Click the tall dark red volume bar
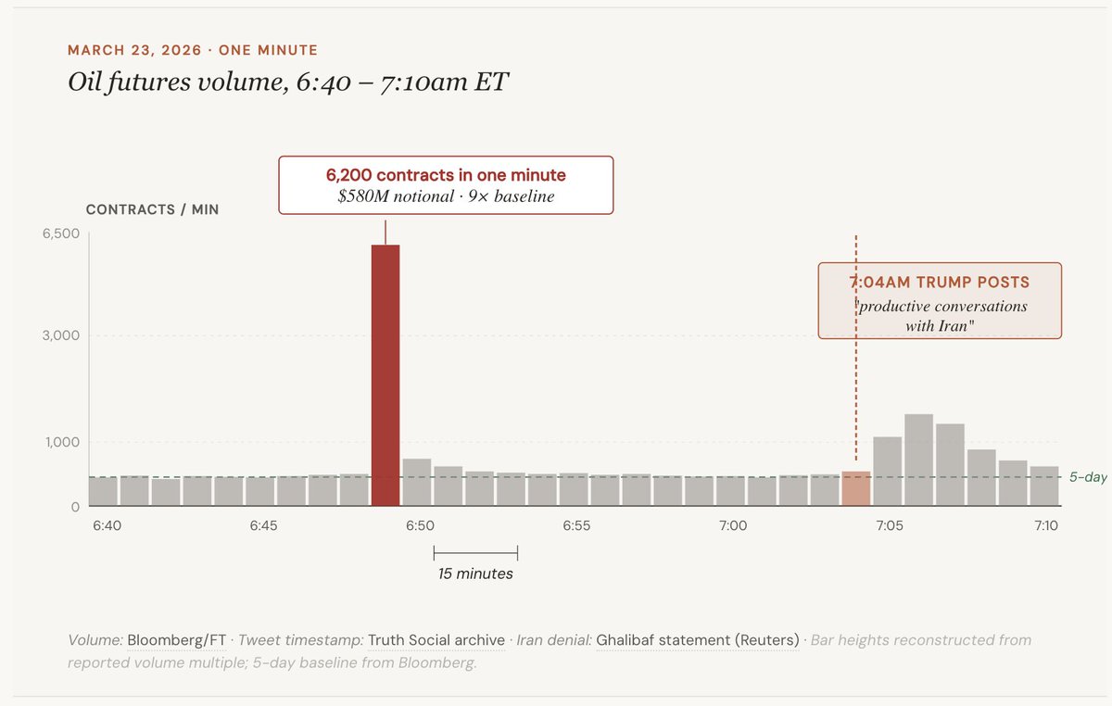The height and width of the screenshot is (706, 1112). click(x=385, y=375)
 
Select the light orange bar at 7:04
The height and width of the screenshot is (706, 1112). click(x=855, y=489)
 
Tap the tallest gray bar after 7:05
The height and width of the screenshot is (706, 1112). click(x=918, y=460)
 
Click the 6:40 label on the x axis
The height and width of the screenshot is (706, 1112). click(x=107, y=525)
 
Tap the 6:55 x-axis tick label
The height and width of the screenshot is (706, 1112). click(x=575, y=525)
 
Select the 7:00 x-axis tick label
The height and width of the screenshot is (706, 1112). click(x=732, y=525)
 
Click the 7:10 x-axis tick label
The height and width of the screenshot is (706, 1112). click(x=1045, y=525)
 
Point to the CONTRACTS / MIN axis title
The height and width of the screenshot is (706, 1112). click(x=152, y=209)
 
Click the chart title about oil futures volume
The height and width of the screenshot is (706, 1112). click(x=288, y=82)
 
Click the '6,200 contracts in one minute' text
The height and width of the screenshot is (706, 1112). click(x=446, y=175)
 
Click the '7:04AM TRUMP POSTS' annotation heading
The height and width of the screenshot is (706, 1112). click(x=940, y=282)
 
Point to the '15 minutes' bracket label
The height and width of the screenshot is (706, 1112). click(x=475, y=574)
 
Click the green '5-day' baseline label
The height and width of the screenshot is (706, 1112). click(x=1088, y=477)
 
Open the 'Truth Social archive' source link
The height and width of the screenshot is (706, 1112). click(x=436, y=640)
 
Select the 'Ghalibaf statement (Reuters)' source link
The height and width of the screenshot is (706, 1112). click(x=697, y=640)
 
